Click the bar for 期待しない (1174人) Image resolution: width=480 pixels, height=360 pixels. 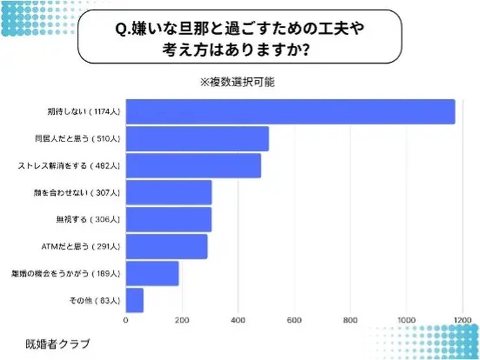click(x=290, y=112)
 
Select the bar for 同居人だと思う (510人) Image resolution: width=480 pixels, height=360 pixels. click(x=197, y=139)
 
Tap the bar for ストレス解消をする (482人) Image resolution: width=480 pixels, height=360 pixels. click(x=193, y=165)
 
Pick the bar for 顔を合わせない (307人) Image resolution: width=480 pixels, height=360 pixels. click(x=168, y=193)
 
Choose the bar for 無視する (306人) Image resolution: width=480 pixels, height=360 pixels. click(x=168, y=219)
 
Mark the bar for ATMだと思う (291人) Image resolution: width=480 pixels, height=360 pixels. click(x=166, y=246)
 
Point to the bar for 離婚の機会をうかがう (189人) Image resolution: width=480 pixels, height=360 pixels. click(x=152, y=274)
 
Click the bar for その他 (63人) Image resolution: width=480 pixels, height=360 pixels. click(x=134, y=300)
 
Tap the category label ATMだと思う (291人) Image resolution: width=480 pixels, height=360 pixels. click(x=80, y=246)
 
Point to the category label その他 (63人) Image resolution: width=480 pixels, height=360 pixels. click(x=94, y=301)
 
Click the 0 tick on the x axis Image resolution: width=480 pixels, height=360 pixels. click(x=126, y=320)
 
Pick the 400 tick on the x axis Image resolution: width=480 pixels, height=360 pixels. click(x=238, y=320)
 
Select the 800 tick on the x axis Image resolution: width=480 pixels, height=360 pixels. click(x=351, y=320)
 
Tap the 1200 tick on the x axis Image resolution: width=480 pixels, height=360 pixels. click(x=463, y=320)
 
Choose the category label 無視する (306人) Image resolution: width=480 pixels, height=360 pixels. click(x=89, y=220)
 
